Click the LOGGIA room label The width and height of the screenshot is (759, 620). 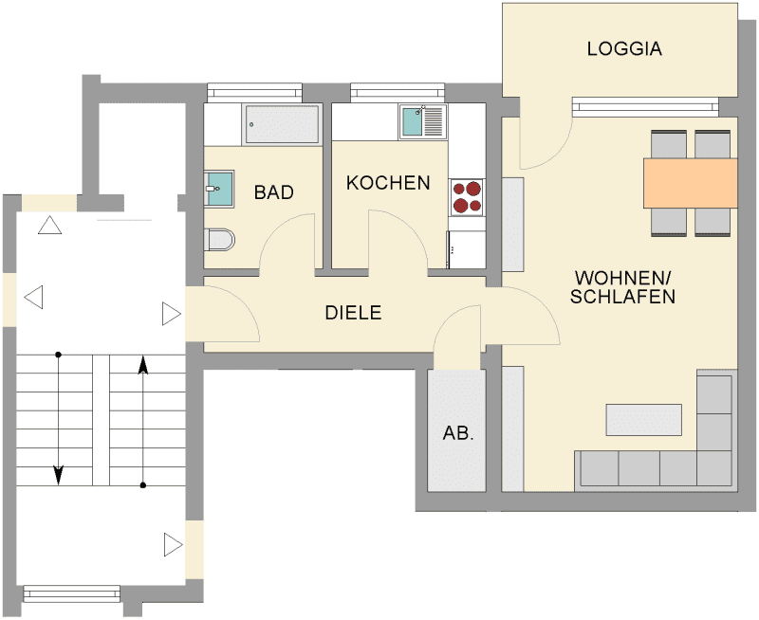pyautogui.click(x=624, y=49)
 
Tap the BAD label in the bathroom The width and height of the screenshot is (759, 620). pyautogui.click(x=274, y=192)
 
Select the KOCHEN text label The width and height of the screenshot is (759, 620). pyautogui.click(x=388, y=183)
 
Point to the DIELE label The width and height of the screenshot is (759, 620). pyautogui.click(x=353, y=313)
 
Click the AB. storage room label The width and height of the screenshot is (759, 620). pyautogui.click(x=458, y=433)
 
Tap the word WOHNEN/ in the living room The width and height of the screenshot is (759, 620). pyautogui.click(x=622, y=278)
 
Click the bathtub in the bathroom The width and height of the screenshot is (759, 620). pyautogui.click(x=282, y=125)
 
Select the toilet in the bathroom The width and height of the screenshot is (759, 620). pyautogui.click(x=219, y=240)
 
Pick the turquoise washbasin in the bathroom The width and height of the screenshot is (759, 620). pyautogui.click(x=219, y=189)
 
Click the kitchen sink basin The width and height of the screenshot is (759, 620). pyautogui.click(x=412, y=122)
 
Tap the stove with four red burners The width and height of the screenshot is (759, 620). pyautogui.click(x=467, y=197)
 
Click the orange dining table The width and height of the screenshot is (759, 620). pyautogui.click(x=691, y=183)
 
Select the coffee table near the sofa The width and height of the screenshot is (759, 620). pyautogui.click(x=644, y=420)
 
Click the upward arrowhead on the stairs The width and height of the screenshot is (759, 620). pyautogui.click(x=143, y=366)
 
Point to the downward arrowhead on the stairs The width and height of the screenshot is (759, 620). pyautogui.click(x=58, y=474)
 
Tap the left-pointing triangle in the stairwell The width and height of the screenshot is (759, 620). pyautogui.click(x=34, y=297)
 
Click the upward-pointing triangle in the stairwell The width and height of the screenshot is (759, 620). pyautogui.click(x=49, y=226)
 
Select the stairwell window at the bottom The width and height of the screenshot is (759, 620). pyautogui.click(x=72, y=593)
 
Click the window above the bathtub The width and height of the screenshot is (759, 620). pyautogui.click(x=254, y=92)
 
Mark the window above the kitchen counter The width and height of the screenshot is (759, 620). pyautogui.click(x=398, y=92)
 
